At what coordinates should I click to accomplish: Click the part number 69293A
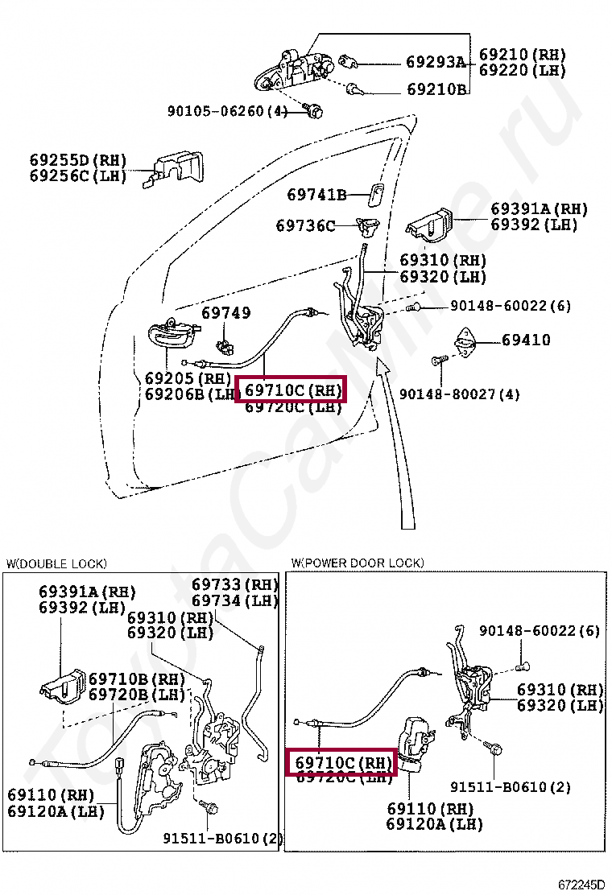pyautogui.click(x=436, y=62)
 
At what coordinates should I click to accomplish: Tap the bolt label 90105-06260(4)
pyautogui.click(x=228, y=111)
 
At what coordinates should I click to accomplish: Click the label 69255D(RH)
pyautogui.click(x=79, y=160)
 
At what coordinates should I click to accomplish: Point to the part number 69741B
pyautogui.click(x=316, y=195)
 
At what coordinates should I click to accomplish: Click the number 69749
pyautogui.click(x=225, y=313)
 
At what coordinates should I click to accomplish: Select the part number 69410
pyautogui.click(x=526, y=340)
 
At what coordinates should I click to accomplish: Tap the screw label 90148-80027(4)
pyautogui.click(x=459, y=394)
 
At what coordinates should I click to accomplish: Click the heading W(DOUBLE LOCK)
pyautogui.click(x=56, y=563)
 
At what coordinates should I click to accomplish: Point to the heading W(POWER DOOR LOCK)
pyautogui.click(x=358, y=563)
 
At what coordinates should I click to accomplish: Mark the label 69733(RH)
pyautogui.click(x=234, y=585)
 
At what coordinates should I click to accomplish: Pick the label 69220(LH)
pyautogui.click(x=523, y=71)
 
